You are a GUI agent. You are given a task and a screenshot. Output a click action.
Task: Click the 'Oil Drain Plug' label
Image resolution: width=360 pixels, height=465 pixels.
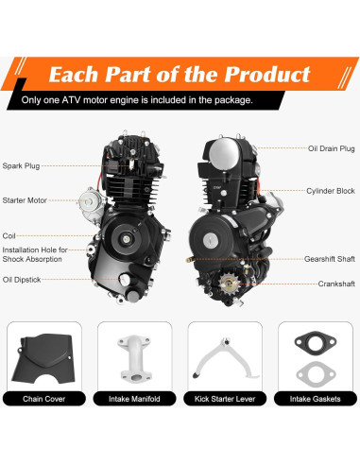click(x=332, y=148)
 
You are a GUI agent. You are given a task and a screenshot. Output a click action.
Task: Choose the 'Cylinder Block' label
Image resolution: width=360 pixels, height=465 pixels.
click(x=332, y=191)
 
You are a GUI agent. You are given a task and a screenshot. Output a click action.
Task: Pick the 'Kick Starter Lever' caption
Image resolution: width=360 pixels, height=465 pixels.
click(x=224, y=399)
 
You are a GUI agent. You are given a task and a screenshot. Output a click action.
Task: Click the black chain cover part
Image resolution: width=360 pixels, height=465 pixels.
click(x=43, y=353)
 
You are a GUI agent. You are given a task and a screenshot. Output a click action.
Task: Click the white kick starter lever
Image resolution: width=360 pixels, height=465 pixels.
click(x=223, y=355)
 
